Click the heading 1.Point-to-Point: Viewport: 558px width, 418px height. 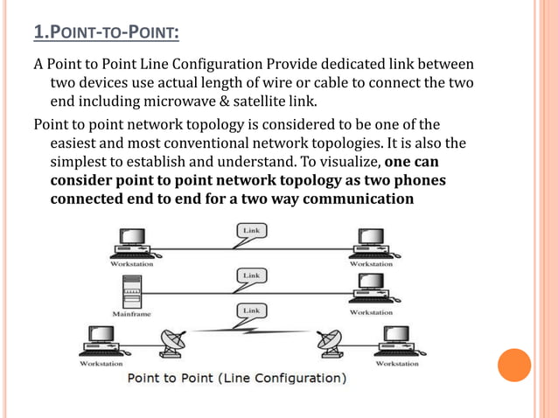(106, 33)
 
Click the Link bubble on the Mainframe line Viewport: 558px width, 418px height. (250, 275)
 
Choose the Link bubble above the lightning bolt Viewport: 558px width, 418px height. (250, 310)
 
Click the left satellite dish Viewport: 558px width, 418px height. (168, 343)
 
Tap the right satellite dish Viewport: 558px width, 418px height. (332, 343)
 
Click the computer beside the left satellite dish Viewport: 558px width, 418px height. (101, 339)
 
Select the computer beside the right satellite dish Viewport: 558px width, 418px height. (395, 339)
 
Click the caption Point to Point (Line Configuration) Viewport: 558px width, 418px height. (237, 379)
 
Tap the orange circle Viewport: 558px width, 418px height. (514, 366)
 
